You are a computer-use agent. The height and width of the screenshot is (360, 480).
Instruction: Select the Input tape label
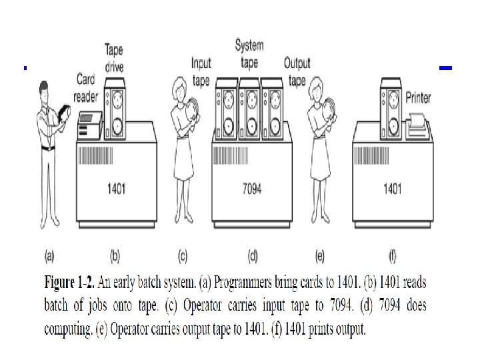coord(201,71)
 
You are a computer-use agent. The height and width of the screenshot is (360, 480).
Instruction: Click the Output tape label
coord(297,71)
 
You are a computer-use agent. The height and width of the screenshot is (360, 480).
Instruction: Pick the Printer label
coord(418,97)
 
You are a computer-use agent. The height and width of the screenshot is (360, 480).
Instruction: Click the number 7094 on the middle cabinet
coord(251,189)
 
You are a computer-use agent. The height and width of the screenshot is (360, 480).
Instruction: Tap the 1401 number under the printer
coord(391,189)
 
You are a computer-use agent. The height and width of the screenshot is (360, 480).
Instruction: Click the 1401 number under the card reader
coord(116,189)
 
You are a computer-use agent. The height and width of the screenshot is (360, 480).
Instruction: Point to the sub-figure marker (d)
coord(253,254)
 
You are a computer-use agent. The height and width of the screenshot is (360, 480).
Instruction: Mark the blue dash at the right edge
coord(446,68)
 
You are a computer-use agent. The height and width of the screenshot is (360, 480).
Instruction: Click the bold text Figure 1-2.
coord(71,283)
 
